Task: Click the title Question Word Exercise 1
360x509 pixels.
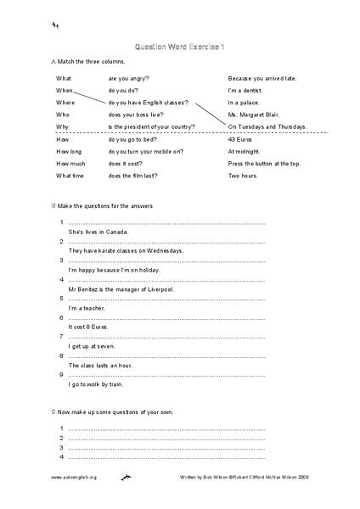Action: tap(179, 48)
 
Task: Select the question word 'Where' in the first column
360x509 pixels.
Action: tap(65, 102)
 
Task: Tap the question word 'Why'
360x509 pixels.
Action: tap(63, 126)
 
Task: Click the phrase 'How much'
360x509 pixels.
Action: tap(70, 163)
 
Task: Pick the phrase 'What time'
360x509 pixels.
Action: tap(70, 176)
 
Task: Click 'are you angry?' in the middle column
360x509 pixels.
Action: tap(131, 78)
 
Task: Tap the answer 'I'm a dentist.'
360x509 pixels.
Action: tap(250, 90)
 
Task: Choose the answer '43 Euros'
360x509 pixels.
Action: tap(242, 139)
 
